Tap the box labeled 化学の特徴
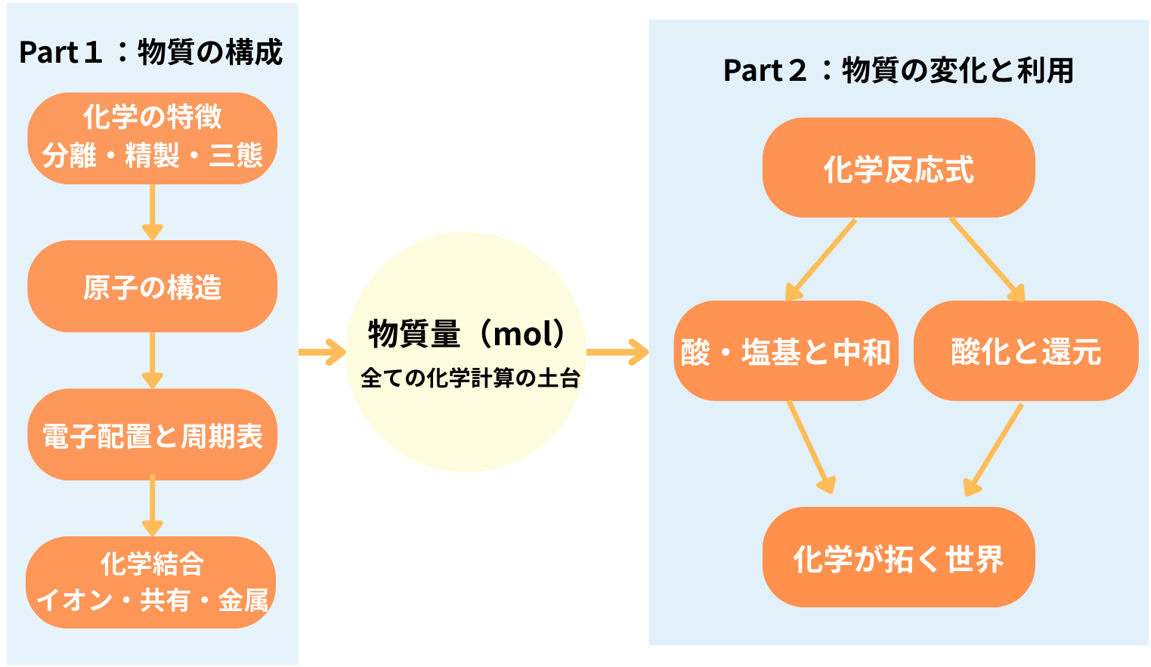click(152, 138)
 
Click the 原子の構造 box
click(152, 286)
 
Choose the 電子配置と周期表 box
click(152, 434)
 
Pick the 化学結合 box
click(150, 582)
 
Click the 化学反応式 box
click(899, 168)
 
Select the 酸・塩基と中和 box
click(786, 350)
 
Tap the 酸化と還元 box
click(1026, 350)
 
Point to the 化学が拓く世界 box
click(899, 557)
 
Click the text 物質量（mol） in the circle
click(466, 333)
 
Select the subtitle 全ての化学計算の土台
click(470, 378)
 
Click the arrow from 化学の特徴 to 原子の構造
click(152, 212)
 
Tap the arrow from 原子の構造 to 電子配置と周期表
click(152, 360)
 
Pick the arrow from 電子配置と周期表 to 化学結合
click(152, 506)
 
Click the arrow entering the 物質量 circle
click(322, 352)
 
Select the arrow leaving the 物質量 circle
click(617, 352)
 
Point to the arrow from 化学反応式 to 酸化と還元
click(987, 260)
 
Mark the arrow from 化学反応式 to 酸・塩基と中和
click(821, 260)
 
